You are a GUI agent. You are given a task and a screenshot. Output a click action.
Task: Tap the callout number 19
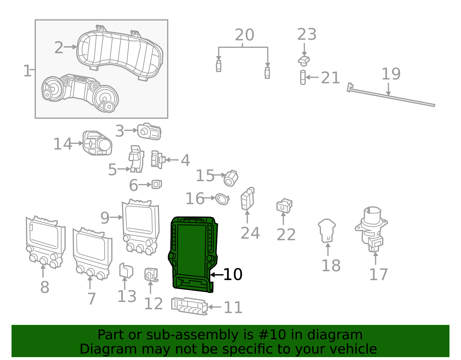click(x=391, y=74)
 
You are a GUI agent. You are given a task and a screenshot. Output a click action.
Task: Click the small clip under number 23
click(x=303, y=61)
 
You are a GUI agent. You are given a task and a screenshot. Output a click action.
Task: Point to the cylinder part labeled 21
click(x=303, y=77)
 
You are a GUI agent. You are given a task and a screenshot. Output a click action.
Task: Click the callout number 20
click(x=244, y=35)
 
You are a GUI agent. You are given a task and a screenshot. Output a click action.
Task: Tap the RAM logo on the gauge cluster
click(x=80, y=78)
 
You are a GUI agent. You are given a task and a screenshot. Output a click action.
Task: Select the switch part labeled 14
click(x=97, y=143)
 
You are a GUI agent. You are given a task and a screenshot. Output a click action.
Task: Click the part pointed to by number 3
click(x=149, y=131)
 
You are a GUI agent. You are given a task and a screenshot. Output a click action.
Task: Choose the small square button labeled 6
click(x=156, y=184)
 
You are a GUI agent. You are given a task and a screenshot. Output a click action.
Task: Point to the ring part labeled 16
click(x=222, y=199)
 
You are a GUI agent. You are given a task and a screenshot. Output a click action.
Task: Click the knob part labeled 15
click(x=231, y=178)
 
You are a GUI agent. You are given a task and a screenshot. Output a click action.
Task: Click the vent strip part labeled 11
click(x=189, y=306)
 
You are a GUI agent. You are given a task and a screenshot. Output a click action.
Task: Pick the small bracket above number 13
click(x=126, y=270)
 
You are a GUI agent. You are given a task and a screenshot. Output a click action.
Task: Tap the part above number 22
click(x=284, y=205)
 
